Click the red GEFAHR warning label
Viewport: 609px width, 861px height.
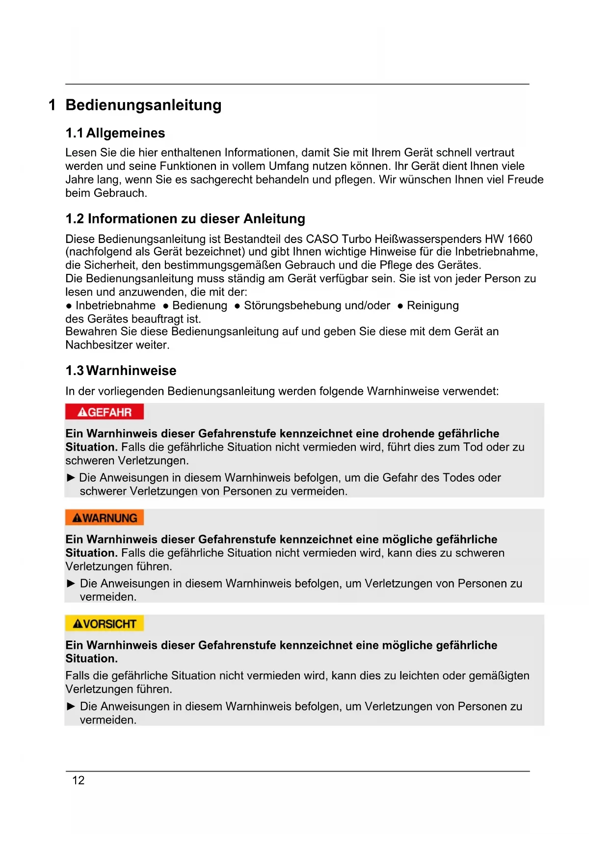tap(104, 412)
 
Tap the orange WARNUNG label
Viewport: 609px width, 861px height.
tap(104, 518)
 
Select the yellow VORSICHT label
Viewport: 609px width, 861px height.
tap(104, 623)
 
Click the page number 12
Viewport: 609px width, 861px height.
tap(79, 780)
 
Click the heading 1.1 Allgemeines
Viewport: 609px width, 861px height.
tap(115, 133)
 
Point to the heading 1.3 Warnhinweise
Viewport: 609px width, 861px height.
tap(121, 371)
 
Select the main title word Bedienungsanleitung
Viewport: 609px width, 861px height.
tap(143, 105)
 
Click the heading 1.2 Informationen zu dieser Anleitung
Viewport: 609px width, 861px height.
tap(185, 218)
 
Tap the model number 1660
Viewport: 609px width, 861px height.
tap(520, 239)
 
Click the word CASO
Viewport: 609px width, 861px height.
tap(322, 239)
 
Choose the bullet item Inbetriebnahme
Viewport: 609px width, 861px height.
tap(115, 305)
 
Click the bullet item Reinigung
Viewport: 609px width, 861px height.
tap(433, 305)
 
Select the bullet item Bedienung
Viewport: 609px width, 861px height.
tap(200, 305)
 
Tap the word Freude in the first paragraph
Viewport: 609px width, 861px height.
tap(525, 180)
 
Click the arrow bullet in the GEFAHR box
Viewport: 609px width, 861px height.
tap(71, 478)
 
